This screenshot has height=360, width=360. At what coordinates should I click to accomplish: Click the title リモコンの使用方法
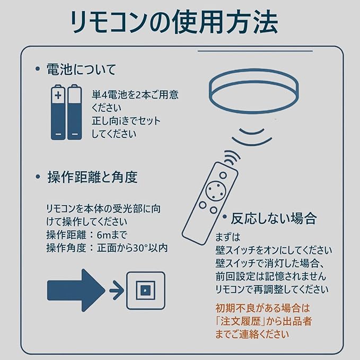point(175,22)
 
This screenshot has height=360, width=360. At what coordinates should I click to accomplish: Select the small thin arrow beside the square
point(116,289)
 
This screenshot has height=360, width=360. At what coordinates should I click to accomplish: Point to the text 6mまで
point(113,234)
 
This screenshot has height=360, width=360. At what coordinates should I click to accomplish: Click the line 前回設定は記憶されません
point(270,276)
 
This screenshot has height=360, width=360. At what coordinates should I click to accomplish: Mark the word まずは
point(229,236)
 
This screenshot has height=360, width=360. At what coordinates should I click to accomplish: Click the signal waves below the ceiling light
point(251,133)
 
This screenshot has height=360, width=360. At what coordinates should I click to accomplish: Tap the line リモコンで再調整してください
point(271,289)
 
